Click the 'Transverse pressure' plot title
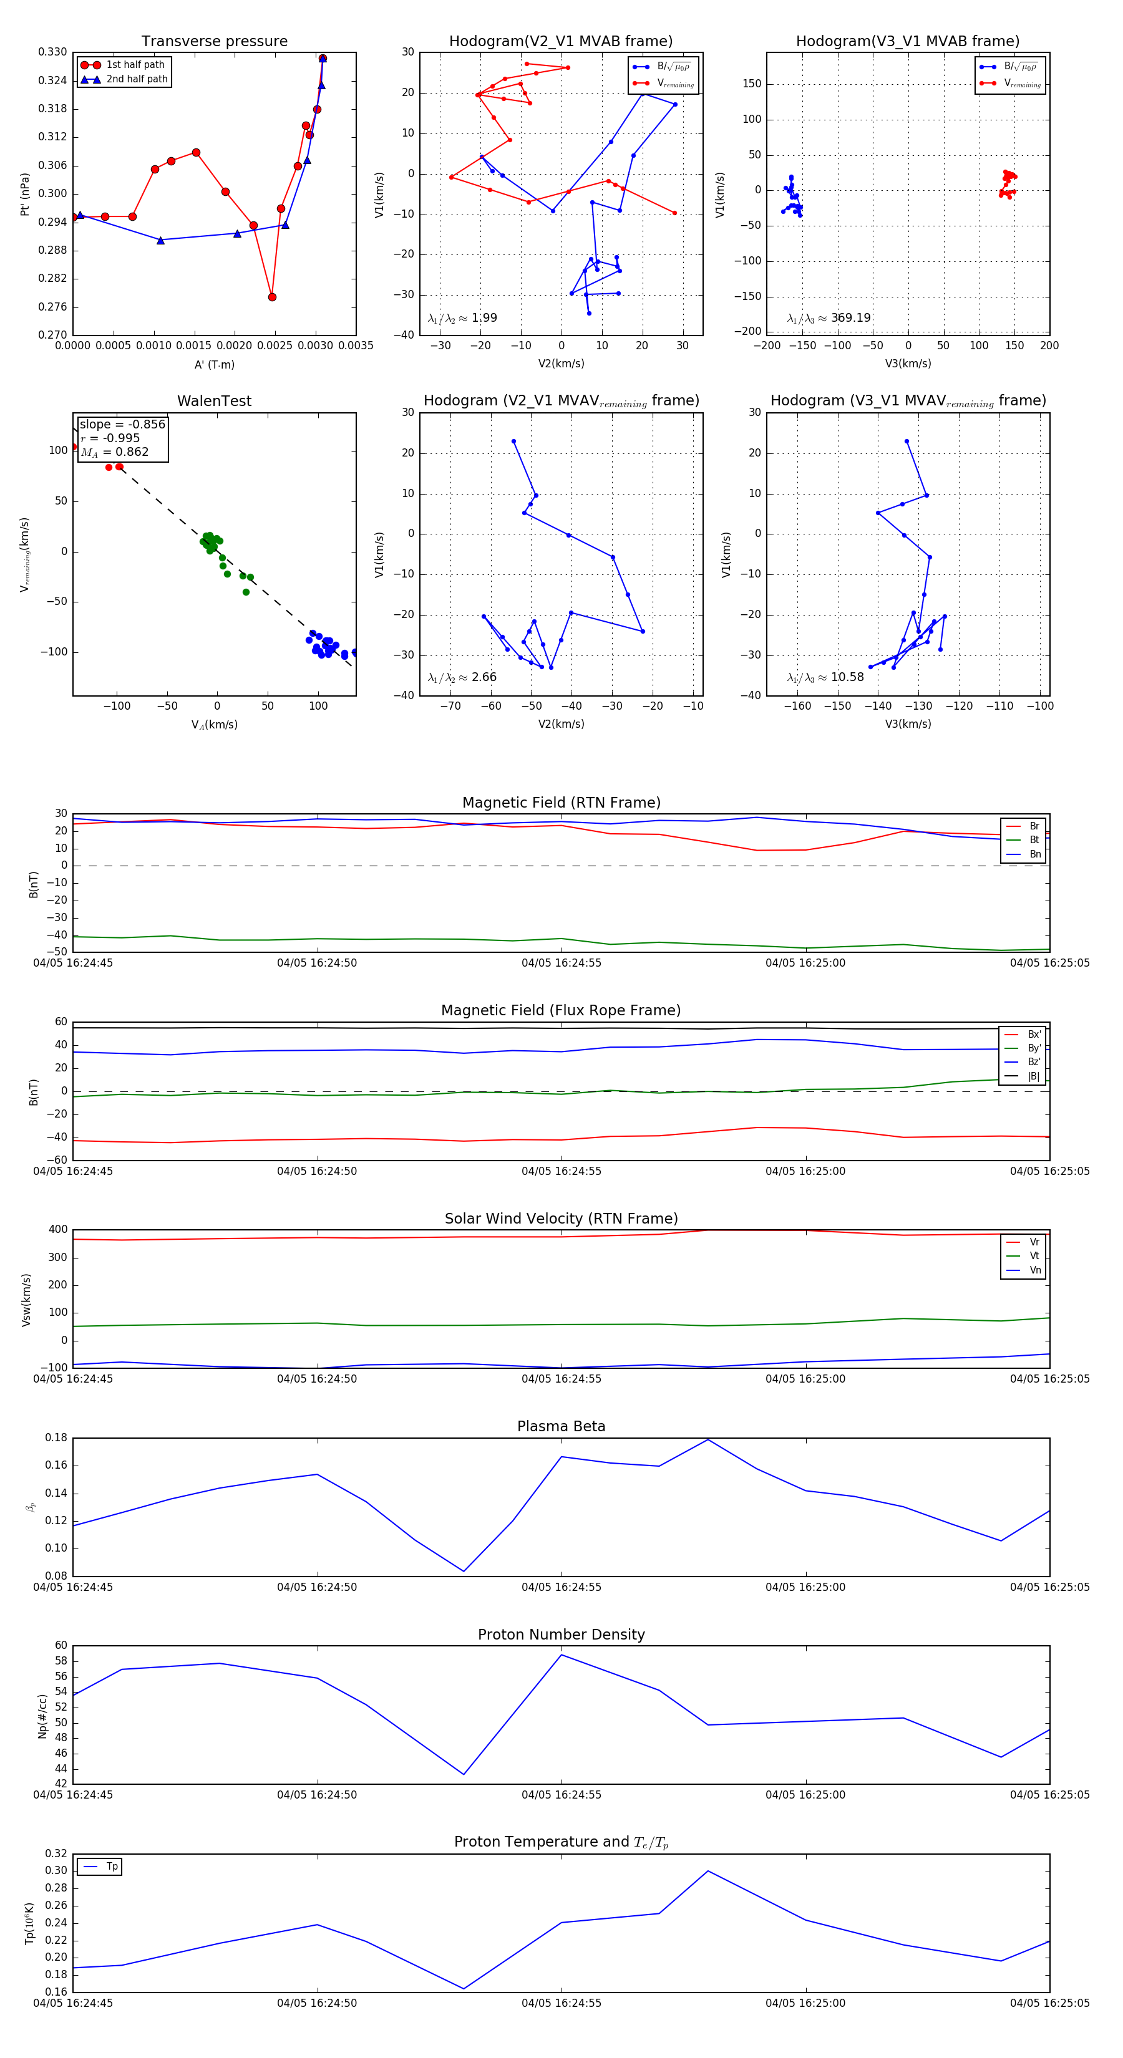tap(214, 42)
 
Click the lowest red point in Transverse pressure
tap(272, 297)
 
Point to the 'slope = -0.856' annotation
tap(122, 424)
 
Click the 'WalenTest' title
tap(214, 401)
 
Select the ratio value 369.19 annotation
tap(850, 318)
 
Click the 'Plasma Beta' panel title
tap(561, 1427)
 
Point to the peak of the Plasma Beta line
tap(707, 1439)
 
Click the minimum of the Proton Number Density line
tap(464, 1774)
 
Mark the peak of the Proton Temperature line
tap(707, 1871)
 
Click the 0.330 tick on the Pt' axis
tap(53, 52)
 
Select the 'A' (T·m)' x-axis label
tap(214, 365)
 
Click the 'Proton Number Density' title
tap(561, 1635)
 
